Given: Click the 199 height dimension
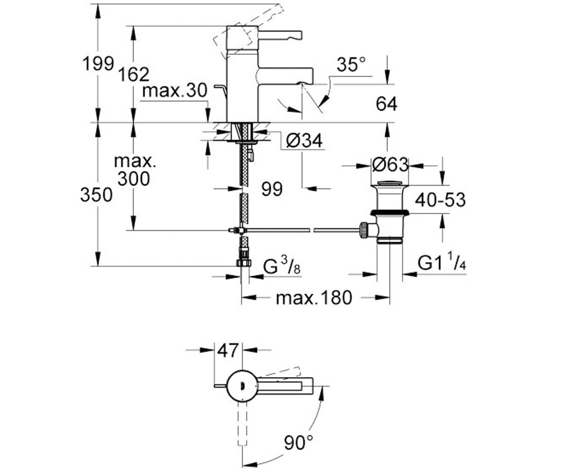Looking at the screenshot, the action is coord(98,64).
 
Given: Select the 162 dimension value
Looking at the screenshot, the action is coord(134,74).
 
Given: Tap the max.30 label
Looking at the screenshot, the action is coord(175,90).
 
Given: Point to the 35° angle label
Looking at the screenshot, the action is coord(351,64).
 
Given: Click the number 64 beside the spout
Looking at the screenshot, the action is coord(386,104).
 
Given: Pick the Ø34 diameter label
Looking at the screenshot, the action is coord(304,140).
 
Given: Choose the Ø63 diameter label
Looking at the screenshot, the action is coord(390,165).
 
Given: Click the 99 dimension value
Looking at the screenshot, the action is coord(272,189).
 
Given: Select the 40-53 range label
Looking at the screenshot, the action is coord(440,200).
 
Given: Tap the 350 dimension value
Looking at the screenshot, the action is coord(96,195).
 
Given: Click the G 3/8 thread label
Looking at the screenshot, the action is coord(282,265).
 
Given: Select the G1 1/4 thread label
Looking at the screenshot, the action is coord(442,261).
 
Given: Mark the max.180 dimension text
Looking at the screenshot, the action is coord(314,298).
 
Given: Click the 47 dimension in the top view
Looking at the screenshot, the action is coord(228,350).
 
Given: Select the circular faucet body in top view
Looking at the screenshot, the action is coord(242,386).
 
